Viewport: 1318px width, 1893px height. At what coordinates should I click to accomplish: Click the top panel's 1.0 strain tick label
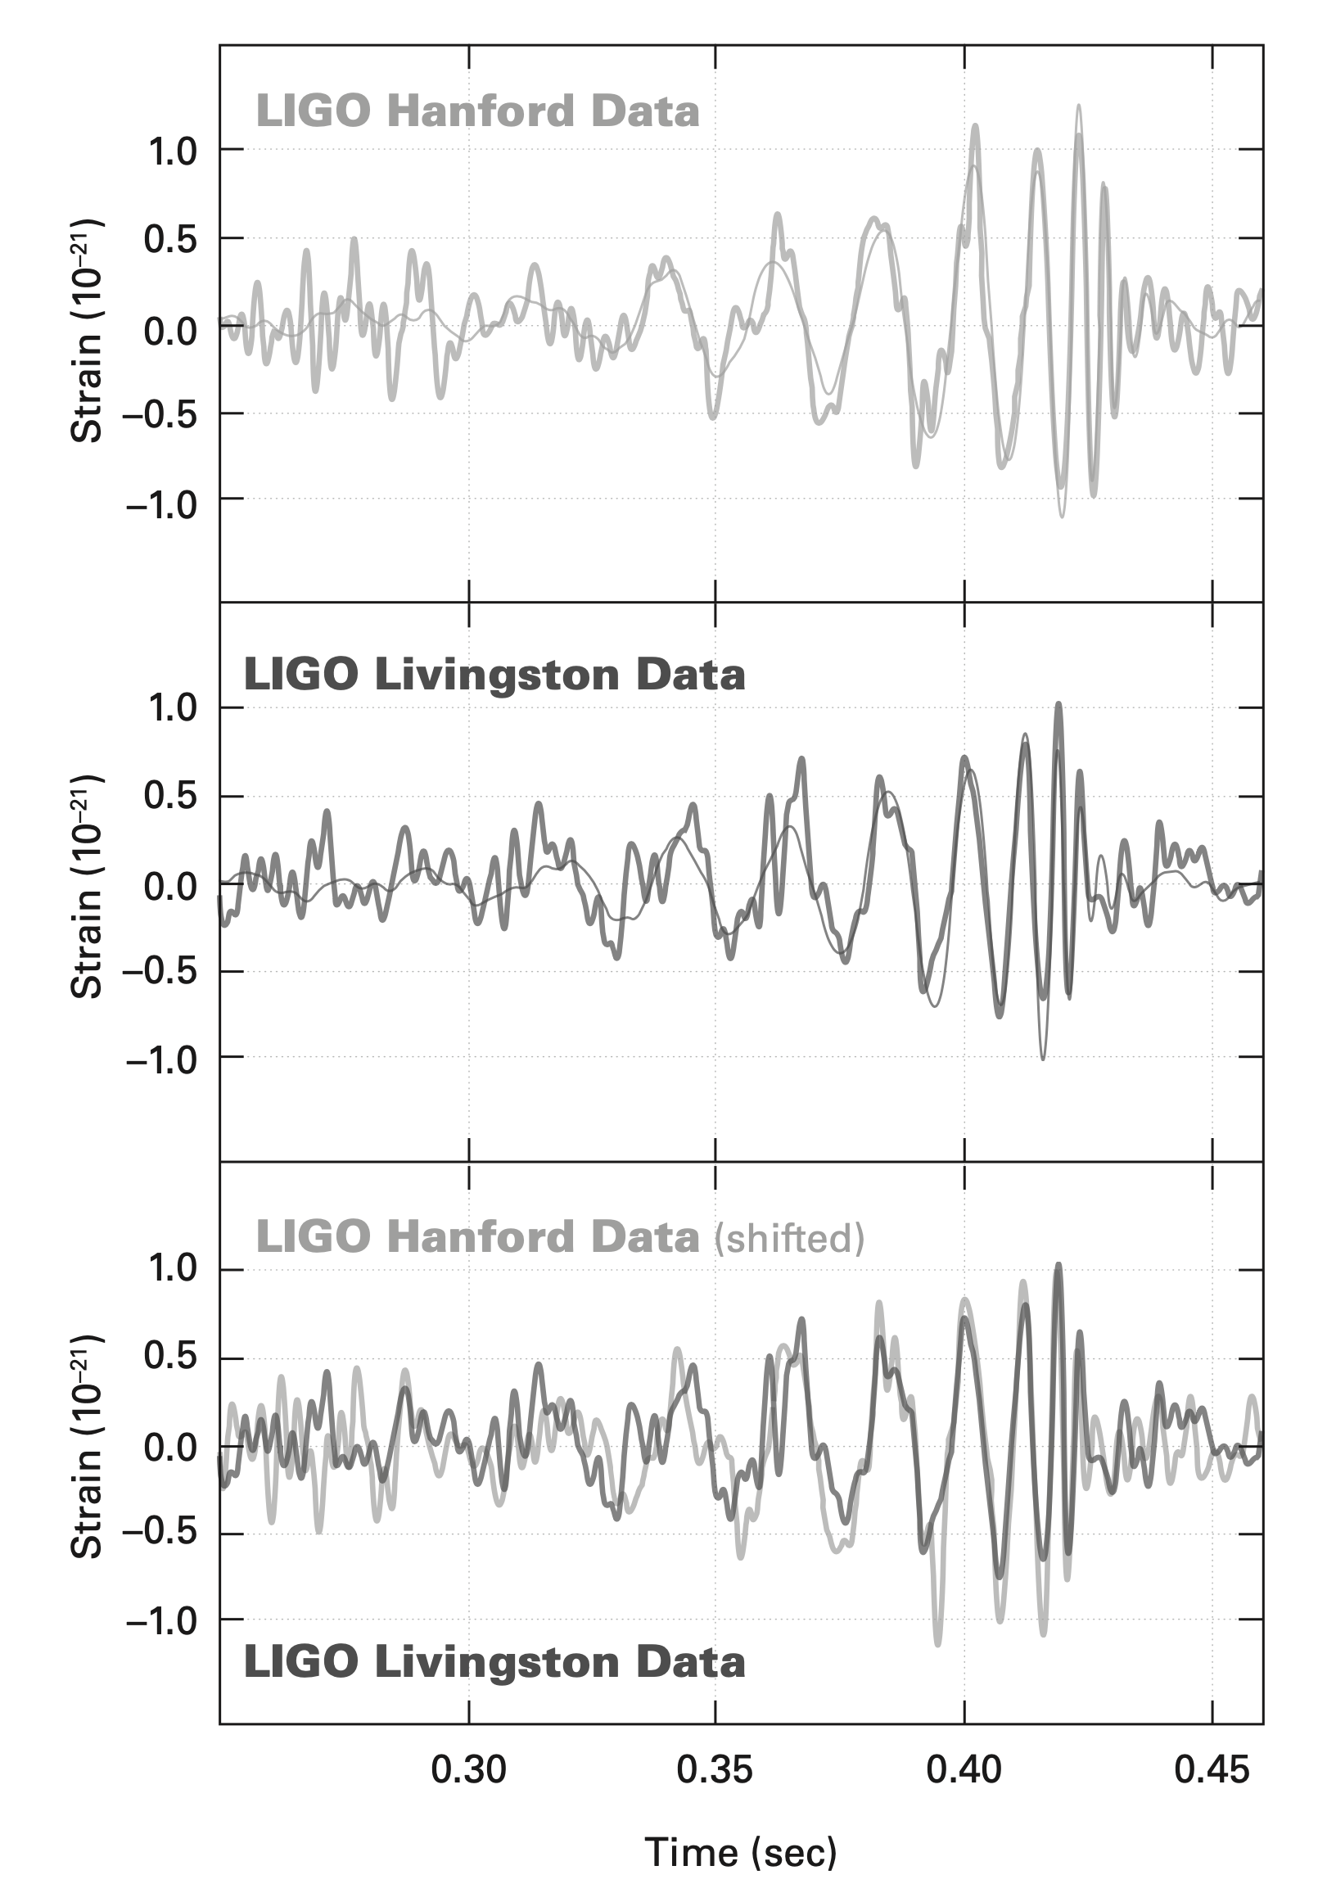172,151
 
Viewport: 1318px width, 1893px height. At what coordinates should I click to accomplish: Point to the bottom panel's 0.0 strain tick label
172,1448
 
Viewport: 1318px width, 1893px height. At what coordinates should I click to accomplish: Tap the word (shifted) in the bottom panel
789,1238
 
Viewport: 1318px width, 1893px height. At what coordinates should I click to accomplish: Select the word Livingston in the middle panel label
496,675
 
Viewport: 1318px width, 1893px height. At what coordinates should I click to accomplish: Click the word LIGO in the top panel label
314,112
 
